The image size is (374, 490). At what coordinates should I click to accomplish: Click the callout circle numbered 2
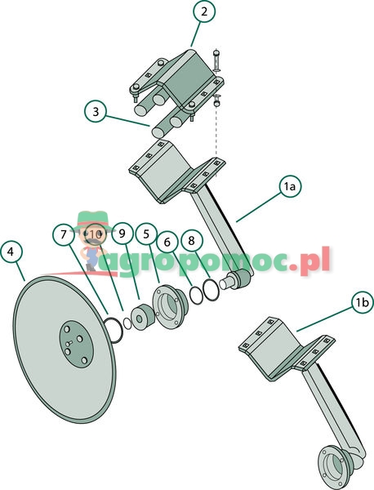[204, 12]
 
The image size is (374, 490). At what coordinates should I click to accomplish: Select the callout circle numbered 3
[96, 111]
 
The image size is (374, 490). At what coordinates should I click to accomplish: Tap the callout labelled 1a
[290, 186]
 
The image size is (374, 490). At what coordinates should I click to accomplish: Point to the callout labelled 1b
[363, 302]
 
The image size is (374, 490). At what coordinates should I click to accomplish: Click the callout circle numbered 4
[11, 252]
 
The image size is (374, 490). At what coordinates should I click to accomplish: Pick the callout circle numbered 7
[64, 234]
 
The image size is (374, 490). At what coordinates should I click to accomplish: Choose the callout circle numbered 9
[122, 234]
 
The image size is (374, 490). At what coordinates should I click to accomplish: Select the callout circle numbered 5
[146, 234]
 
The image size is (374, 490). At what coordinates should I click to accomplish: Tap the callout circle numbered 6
[167, 243]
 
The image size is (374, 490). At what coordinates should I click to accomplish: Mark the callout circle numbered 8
[192, 240]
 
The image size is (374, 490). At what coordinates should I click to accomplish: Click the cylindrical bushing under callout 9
[142, 317]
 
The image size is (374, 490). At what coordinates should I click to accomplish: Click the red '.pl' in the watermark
[310, 260]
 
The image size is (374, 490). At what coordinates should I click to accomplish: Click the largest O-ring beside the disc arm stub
[211, 290]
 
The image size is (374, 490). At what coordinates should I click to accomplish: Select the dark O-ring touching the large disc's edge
[114, 330]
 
